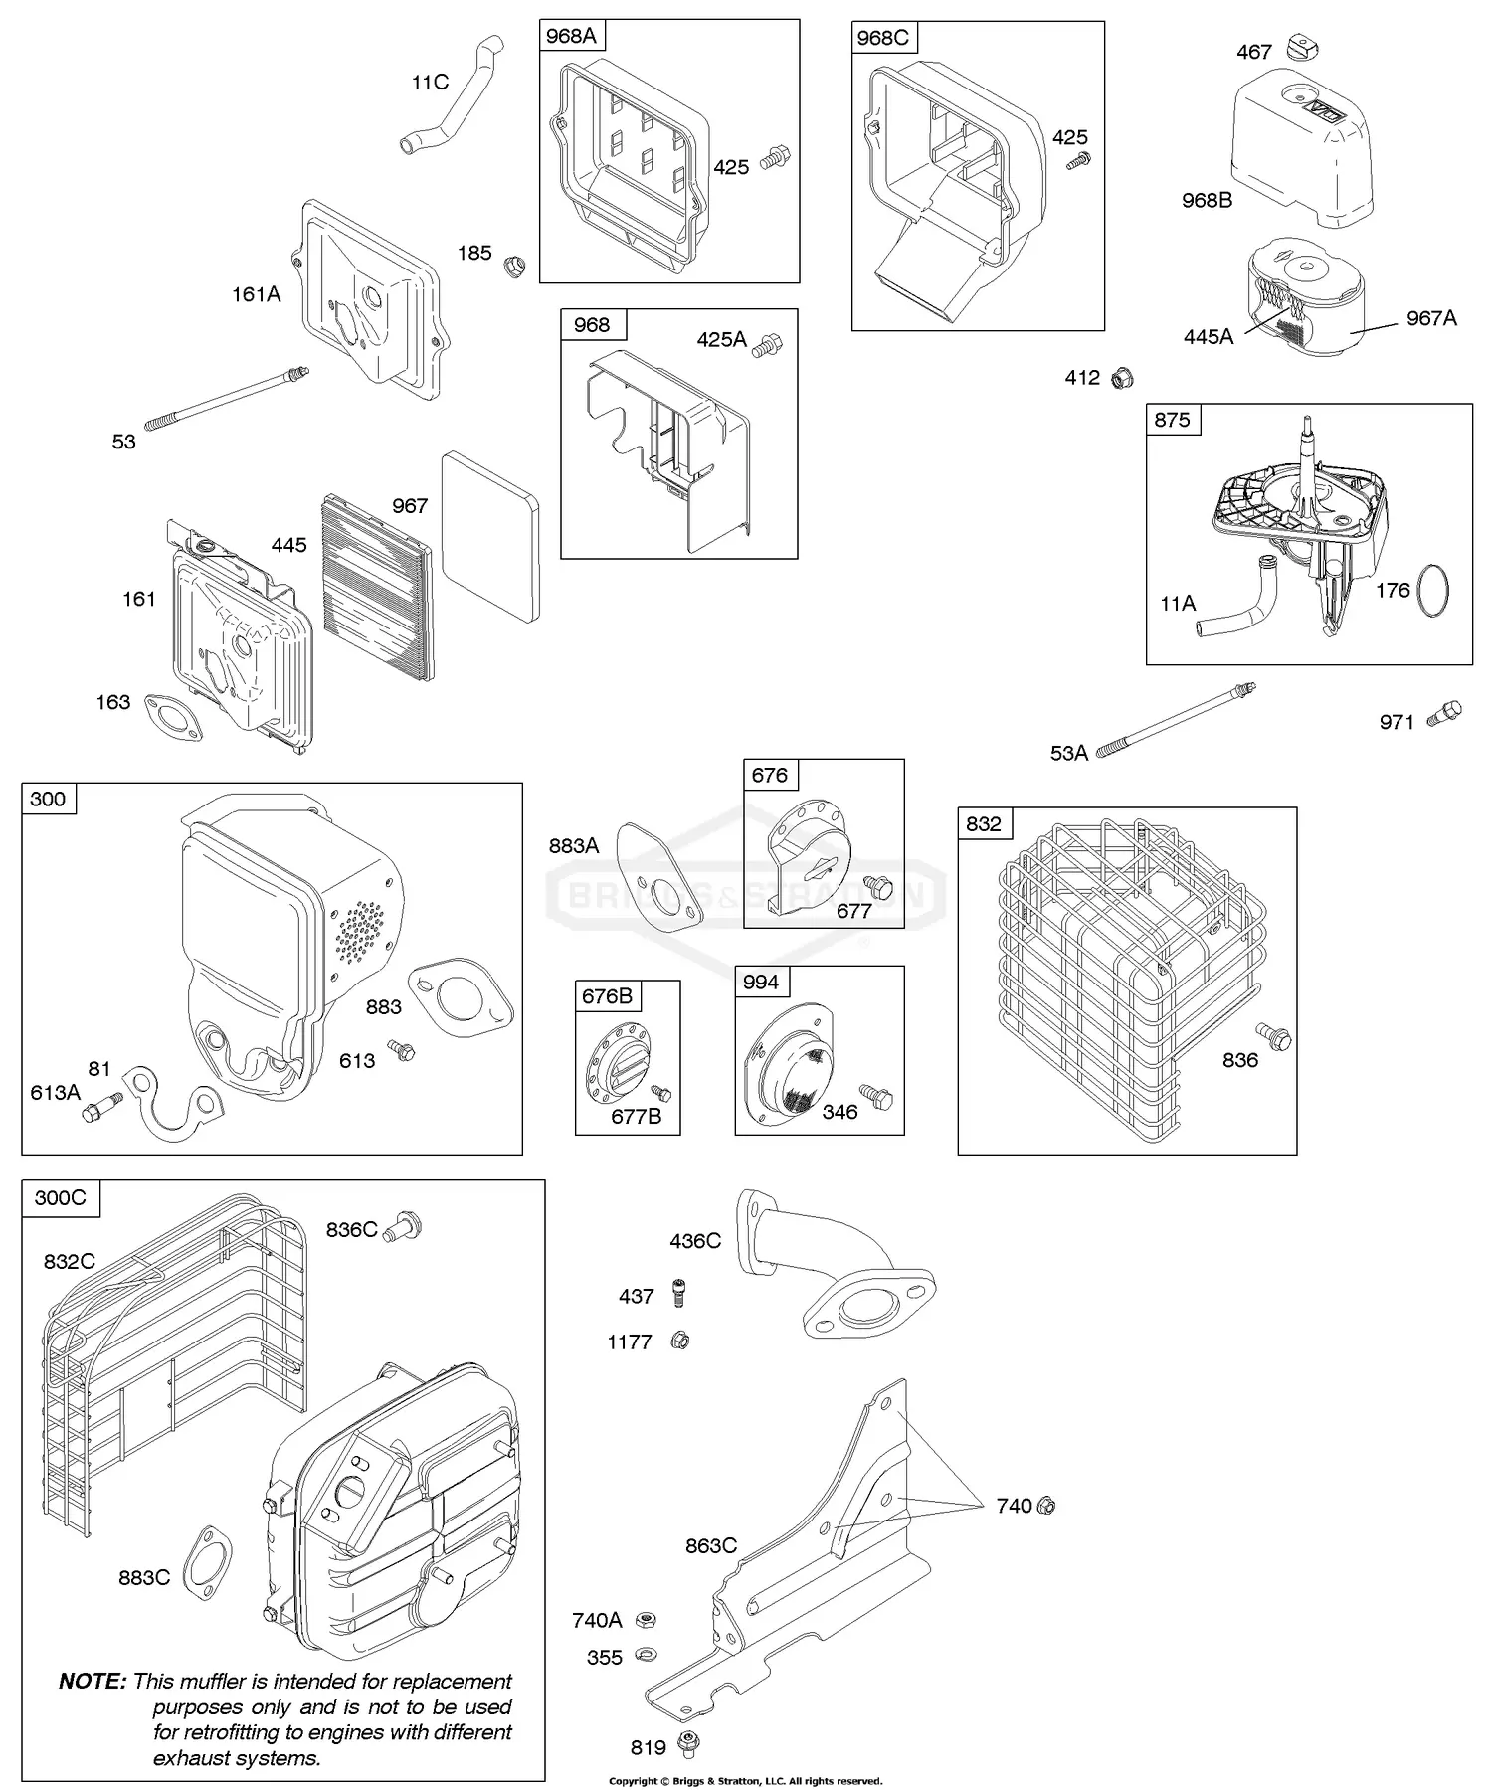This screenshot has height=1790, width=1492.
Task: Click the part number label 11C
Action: [x=430, y=83]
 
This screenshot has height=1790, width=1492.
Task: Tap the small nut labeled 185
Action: [x=514, y=267]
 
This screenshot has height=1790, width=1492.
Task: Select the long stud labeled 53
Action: [x=228, y=399]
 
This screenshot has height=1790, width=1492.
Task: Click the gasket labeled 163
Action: [x=175, y=718]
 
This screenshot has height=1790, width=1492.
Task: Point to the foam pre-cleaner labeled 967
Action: [x=490, y=537]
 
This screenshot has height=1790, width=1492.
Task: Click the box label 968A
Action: [x=572, y=37]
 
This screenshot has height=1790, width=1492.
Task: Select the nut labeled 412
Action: [x=1122, y=378]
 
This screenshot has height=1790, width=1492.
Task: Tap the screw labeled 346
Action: [x=876, y=1097]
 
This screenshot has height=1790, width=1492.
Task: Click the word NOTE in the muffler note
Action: [x=93, y=1681]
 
